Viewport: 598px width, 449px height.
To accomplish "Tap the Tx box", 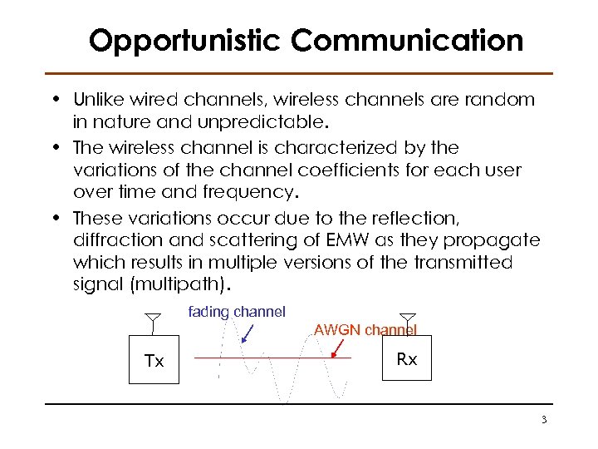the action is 154,360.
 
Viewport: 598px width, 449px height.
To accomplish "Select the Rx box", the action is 406,359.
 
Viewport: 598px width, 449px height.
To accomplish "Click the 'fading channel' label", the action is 237,312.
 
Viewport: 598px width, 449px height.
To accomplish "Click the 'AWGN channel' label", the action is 365,330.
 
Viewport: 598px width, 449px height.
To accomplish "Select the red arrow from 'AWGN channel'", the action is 341,348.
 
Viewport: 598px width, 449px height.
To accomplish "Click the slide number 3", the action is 543,420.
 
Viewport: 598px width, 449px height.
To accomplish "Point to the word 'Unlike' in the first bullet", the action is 99,101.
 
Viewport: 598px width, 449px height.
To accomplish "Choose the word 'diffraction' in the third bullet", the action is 115,240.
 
